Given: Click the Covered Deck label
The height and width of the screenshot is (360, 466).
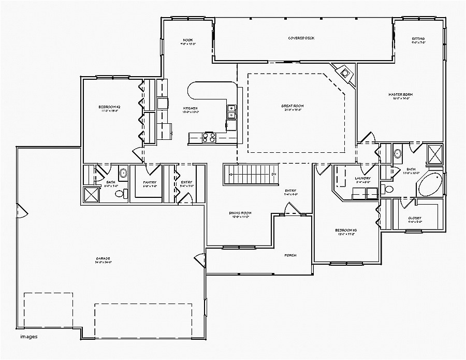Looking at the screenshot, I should pyautogui.click(x=301, y=38).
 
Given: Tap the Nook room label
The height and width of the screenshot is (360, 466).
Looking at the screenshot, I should pyautogui.click(x=187, y=40).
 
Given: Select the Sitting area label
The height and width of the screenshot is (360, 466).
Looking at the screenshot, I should pyautogui.click(x=418, y=39).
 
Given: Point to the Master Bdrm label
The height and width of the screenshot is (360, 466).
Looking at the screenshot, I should pyautogui.click(x=400, y=94).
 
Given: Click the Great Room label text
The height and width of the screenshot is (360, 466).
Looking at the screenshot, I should pyautogui.click(x=293, y=106).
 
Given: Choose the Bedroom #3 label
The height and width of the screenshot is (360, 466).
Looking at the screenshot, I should pyautogui.click(x=346, y=230).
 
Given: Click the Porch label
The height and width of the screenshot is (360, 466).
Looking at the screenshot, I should pyautogui.click(x=290, y=255).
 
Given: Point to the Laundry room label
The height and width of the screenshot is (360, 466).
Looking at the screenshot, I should pyautogui.click(x=362, y=179).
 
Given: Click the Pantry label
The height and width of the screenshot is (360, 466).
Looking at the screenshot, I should pyautogui.click(x=150, y=182).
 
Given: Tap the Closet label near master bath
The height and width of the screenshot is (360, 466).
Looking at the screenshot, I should pyautogui.click(x=414, y=218).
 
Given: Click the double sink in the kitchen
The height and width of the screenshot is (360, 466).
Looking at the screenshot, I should pyautogui.click(x=231, y=111).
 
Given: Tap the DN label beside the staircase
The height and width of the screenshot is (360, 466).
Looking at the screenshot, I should pyautogui.click(x=274, y=174).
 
